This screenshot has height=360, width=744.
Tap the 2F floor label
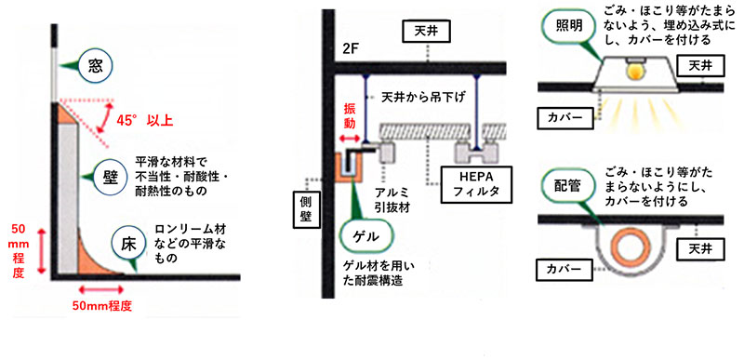click(x=352, y=50)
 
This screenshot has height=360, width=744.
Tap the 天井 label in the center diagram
click(x=421, y=31)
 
